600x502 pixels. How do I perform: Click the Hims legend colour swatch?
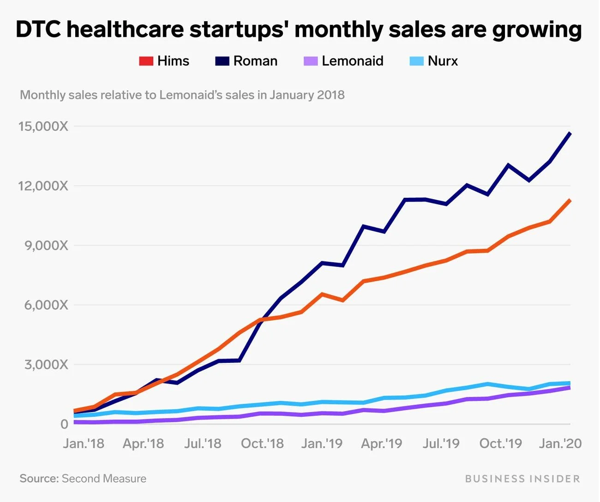click(146, 61)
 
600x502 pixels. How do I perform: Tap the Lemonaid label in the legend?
click(352, 61)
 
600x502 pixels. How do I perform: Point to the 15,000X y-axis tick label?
click(43, 126)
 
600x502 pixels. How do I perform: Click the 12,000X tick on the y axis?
click(43, 186)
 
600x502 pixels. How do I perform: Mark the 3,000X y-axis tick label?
click(46, 365)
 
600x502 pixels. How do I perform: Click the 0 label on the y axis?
click(64, 424)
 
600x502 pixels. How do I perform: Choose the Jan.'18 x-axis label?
click(84, 443)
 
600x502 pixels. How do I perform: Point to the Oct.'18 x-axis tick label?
click(262, 443)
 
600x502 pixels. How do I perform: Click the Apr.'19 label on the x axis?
click(381, 443)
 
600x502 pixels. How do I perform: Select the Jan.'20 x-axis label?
click(560, 443)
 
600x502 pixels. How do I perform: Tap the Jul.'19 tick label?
click(441, 443)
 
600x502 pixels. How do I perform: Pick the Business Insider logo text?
click(522, 478)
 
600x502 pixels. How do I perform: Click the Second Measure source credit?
click(104, 478)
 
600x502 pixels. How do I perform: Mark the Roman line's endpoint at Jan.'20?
click(570, 134)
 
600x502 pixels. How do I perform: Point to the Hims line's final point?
click(570, 201)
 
